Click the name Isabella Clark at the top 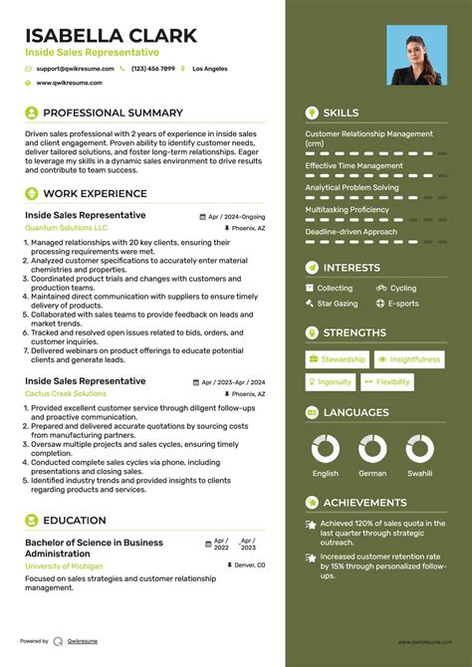[x=112, y=35]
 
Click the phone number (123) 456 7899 [x=152, y=69]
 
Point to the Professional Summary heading [x=113, y=112]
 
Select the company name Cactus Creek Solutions [x=66, y=393]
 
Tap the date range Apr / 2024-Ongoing [x=237, y=216]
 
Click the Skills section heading [x=341, y=112]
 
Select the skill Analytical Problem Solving [x=352, y=187]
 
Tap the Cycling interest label [x=402, y=288]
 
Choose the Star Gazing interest [x=337, y=303]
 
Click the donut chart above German [x=372, y=449]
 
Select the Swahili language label [x=419, y=474]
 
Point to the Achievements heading [x=364, y=503]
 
